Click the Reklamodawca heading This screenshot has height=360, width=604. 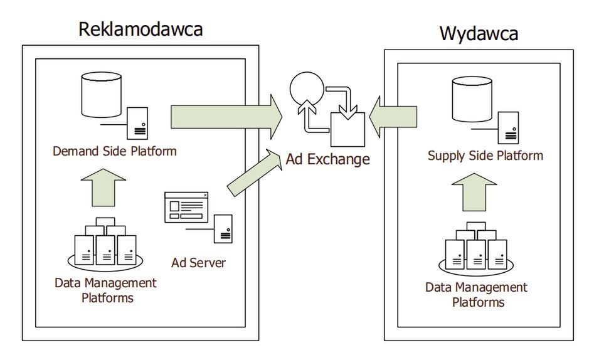tap(140, 29)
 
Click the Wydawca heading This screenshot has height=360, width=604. tap(479, 33)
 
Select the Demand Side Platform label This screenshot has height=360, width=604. tap(115, 151)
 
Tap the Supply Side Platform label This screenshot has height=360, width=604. tap(485, 155)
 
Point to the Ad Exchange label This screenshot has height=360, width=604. tap(327, 159)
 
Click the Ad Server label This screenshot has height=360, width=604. tap(198, 262)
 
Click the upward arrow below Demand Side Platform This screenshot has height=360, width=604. tap(103, 188)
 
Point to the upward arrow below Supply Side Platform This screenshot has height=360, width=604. tap(474, 192)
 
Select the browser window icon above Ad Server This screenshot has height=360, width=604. tap(186, 207)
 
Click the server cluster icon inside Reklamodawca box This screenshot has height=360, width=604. tap(105, 243)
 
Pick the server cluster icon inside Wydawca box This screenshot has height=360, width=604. tap(475, 249)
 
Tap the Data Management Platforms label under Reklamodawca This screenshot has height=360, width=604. tap(105, 289)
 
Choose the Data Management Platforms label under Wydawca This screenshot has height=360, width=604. tap(476, 295)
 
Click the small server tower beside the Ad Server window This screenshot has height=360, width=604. tap(223, 228)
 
